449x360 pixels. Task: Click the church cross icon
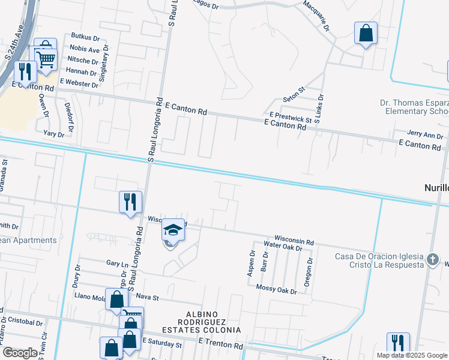433,260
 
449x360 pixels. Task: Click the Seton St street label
294,99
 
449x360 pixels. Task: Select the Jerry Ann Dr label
424,134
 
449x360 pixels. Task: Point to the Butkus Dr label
85,37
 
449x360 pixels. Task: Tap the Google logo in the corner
20,352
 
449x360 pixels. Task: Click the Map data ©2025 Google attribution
411,355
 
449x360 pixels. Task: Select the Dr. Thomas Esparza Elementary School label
415,107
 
